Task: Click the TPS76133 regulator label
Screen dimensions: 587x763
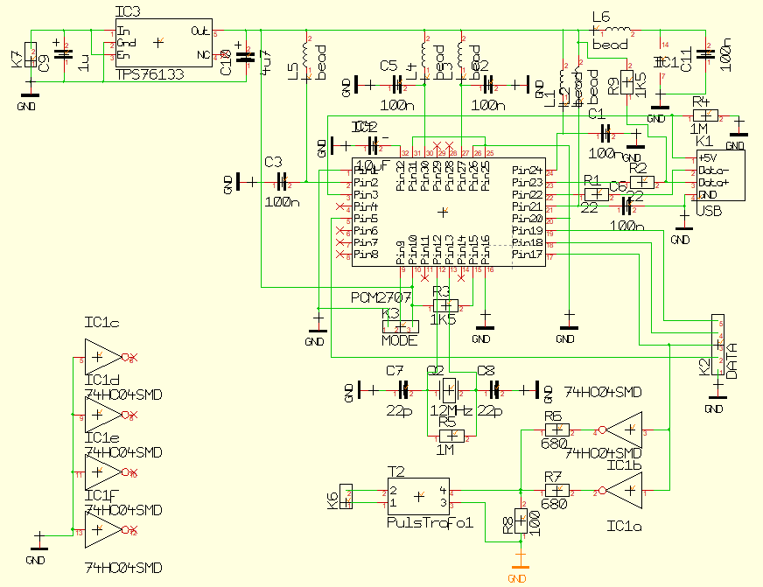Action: (x=150, y=76)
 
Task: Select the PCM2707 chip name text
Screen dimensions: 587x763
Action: (x=381, y=297)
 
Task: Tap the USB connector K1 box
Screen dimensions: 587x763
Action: (x=720, y=176)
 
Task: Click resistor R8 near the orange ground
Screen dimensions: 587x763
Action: (x=521, y=522)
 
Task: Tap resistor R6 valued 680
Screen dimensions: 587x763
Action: (x=554, y=430)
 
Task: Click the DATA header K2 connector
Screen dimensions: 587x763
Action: (x=717, y=347)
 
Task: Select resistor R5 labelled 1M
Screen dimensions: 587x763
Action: (x=450, y=435)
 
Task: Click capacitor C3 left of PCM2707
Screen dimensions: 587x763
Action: (x=283, y=182)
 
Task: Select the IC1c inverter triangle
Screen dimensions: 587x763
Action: (x=104, y=358)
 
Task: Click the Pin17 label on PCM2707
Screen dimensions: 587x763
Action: (x=528, y=255)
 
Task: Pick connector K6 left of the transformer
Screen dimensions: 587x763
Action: (x=346, y=499)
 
